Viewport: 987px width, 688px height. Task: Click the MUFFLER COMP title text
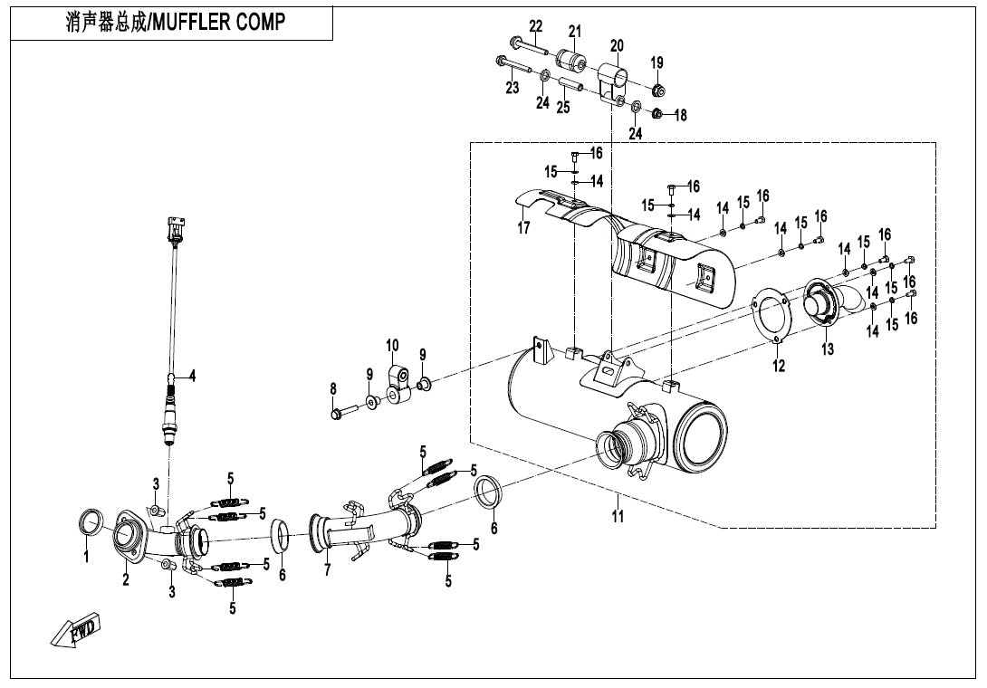[175, 23]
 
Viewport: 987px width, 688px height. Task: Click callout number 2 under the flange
[127, 580]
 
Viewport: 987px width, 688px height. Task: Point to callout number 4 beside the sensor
[191, 374]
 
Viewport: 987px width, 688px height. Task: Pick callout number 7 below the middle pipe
[327, 570]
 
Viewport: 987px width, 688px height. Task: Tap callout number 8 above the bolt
[333, 389]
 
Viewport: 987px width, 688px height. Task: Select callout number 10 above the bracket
[392, 346]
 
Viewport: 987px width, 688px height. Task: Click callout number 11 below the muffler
[618, 518]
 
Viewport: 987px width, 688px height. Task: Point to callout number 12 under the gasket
[779, 366]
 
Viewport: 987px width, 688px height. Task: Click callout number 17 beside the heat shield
[523, 228]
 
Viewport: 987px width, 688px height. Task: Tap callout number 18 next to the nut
[680, 116]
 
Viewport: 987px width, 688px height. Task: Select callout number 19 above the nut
[656, 63]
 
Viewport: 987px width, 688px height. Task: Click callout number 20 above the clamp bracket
[617, 46]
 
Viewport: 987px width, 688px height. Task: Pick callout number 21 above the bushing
[575, 32]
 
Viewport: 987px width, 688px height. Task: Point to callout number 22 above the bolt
[535, 25]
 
